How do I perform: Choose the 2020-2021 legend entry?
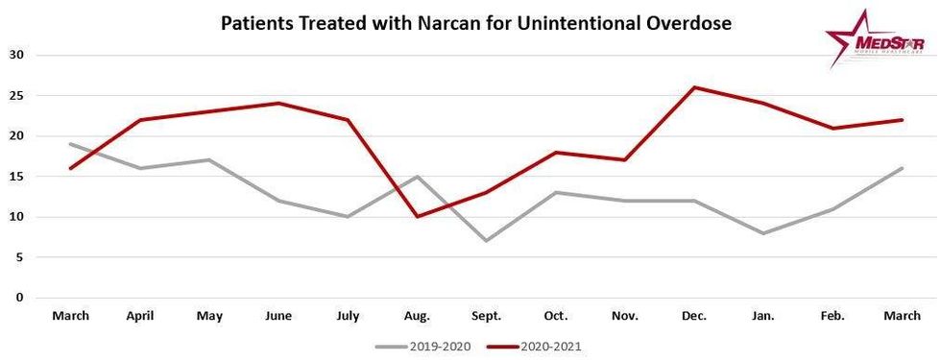click(x=537, y=345)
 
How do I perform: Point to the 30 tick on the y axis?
click(x=16, y=55)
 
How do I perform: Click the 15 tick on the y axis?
click(x=16, y=177)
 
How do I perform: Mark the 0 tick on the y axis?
click(x=19, y=298)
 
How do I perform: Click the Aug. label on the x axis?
click(x=418, y=316)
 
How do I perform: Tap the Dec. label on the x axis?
click(x=693, y=316)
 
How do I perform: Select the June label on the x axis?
click(x=279, y=316)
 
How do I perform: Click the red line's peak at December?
click(x=693, y=87)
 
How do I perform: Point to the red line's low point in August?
click(x=418, y=217)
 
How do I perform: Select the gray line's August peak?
click(x=418, y=177)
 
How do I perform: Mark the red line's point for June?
click(x=279, y=104)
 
